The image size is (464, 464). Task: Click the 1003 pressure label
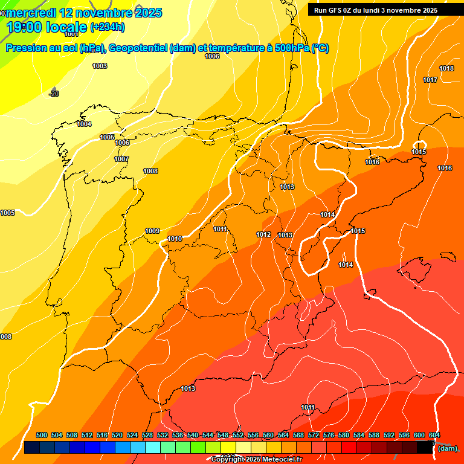[x=100, y=66]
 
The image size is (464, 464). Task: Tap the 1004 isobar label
[x=84, y=124]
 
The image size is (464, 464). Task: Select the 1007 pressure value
[x=121, y=159]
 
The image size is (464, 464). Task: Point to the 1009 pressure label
[x=152, y=231]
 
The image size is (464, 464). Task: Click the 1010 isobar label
[x=175, y=239]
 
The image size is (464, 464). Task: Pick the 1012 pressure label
[x=263, y=234]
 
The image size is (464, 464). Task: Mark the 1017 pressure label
[x=430, y=80]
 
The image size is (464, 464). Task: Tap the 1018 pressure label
[x=446, y=68]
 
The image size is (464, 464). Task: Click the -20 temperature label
[x=54, y=94]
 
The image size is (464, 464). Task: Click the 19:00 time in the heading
[x=25, y=27]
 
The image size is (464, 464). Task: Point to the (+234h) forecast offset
[x=108, y=27]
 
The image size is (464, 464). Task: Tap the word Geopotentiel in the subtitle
[x=138, y=48]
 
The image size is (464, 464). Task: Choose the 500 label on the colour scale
[x=42, y=435]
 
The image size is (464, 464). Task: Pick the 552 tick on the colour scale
[x=238, y=435]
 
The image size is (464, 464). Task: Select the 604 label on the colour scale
[x=434, y=435]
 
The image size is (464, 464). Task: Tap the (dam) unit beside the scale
[x=447, y=448]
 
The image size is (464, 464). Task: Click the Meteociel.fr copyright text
[x=256, y=459]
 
